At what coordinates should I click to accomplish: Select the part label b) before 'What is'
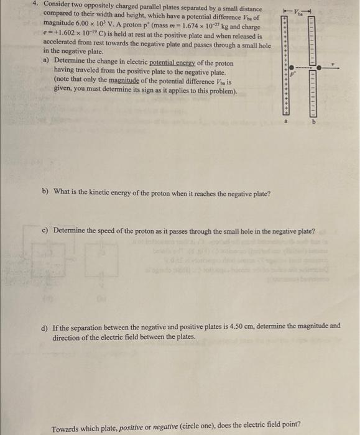click(x=45, y=191)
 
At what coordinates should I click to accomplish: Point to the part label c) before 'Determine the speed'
click(x=45, y=231)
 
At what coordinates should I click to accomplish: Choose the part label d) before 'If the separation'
click(x=45, y=326)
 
